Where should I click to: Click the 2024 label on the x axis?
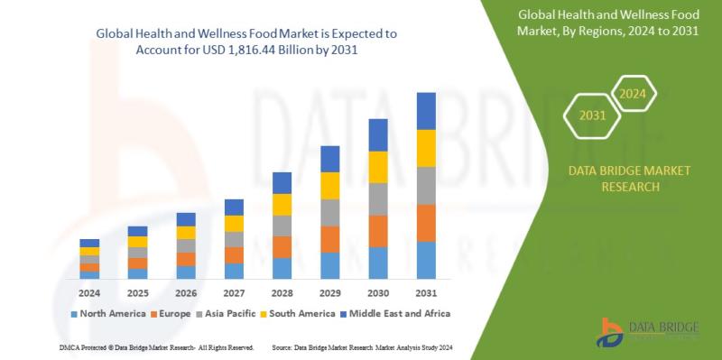point(89,293)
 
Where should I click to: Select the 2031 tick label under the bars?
point(426,293)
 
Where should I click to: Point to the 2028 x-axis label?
point(282,293)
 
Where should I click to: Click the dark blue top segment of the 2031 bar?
point(426,111)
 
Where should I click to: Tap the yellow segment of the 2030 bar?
point(378,167)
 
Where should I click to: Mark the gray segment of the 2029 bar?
point(330,213)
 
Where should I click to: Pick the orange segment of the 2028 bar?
point(282,247)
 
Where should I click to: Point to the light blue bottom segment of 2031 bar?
point(426,260)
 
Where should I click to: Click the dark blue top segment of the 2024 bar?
point(89,243)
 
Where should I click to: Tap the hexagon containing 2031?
point(592,115)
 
